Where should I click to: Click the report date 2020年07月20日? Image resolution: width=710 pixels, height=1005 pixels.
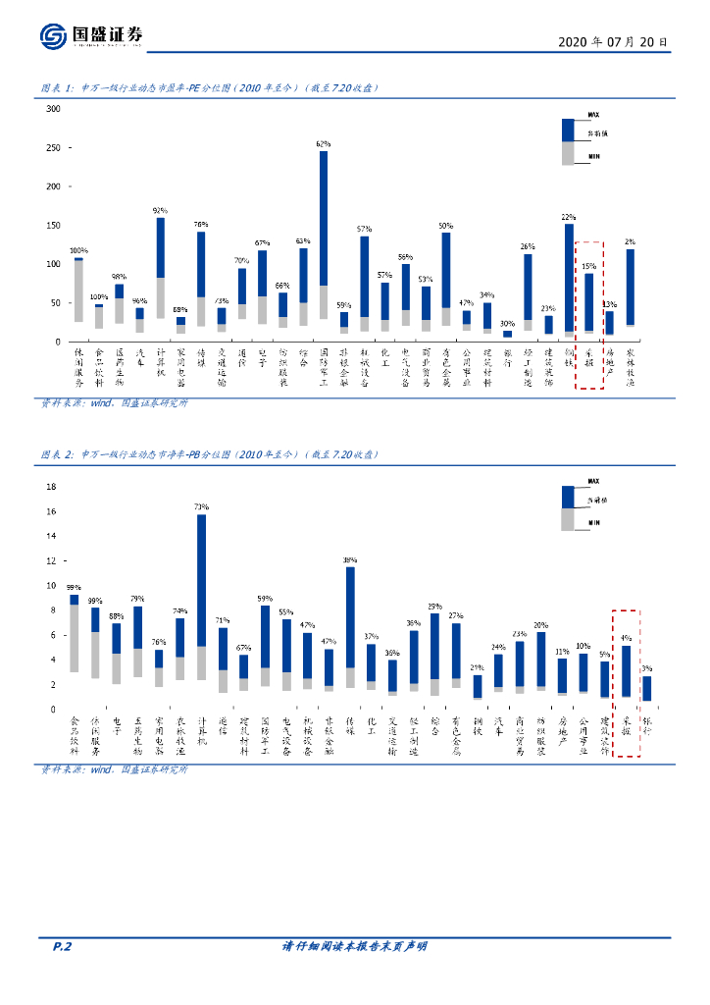point(613,42)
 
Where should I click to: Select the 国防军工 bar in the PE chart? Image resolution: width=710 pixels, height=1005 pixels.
point(324,236)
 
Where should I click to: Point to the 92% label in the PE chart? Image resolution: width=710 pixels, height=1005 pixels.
point(160,210)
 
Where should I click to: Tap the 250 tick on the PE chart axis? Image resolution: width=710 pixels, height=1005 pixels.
point(53,147)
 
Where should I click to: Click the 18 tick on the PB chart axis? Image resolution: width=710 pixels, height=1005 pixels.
point(52,487)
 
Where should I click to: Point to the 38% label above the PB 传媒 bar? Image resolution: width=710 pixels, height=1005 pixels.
point(349,560)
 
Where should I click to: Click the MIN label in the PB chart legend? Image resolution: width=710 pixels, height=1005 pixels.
point(594,524)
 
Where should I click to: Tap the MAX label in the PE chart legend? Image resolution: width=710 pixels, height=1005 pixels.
point(594,115)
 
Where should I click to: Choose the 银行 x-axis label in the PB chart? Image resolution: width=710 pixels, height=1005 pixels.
point(647,727)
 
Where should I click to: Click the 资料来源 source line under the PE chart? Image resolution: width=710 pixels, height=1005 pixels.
point(114,402)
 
